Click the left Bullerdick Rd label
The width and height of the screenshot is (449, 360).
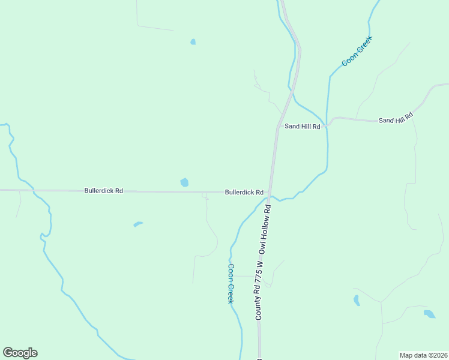point(104,191)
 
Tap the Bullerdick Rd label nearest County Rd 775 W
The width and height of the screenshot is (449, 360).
point(244,193)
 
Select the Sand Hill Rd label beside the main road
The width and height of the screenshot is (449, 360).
point(302,127)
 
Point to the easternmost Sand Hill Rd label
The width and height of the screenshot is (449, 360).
point(396,118)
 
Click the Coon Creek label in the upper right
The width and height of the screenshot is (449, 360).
point(357,51)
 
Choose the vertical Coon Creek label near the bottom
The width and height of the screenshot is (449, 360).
point(230,284)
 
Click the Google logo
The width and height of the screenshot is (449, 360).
point(20,353)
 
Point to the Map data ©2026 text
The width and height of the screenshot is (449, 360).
point(423,355)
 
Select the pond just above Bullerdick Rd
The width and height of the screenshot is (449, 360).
point(184,182)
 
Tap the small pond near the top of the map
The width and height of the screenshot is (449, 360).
point(193,42)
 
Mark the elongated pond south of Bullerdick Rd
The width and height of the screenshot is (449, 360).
point(138,224)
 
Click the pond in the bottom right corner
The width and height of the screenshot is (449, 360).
point(429,314)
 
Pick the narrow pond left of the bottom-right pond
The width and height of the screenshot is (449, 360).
point(357,300)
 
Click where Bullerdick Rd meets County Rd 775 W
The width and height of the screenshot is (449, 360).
point(271,192)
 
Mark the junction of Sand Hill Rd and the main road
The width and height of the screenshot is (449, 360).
point(278,126)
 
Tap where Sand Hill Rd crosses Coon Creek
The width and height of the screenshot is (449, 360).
point(327,125)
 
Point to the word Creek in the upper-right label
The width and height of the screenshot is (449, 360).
point(364,44)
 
